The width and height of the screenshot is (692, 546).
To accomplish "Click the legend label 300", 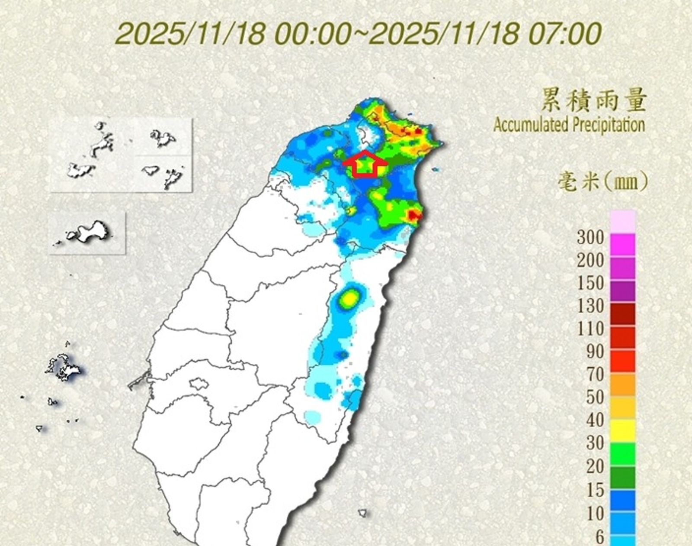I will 590,237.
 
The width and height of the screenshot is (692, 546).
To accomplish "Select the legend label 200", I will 590,260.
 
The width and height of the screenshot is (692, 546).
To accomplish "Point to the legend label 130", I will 590,306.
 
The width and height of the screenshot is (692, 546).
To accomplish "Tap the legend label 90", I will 595,352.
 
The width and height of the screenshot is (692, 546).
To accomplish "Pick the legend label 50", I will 595,397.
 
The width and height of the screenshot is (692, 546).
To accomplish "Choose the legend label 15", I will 595,490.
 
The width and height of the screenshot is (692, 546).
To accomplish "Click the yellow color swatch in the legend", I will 623,431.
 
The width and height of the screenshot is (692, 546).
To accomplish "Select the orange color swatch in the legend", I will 623,384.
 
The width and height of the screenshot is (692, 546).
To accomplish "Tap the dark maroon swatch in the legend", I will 623,314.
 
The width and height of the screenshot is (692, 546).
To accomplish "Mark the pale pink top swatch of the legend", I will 623,221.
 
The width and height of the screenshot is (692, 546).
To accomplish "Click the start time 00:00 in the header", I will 313,34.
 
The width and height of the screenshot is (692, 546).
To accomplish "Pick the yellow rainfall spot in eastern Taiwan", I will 349,298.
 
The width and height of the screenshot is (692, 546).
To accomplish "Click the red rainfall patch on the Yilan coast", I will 413,215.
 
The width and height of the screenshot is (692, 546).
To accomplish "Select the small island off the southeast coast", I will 362,513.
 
